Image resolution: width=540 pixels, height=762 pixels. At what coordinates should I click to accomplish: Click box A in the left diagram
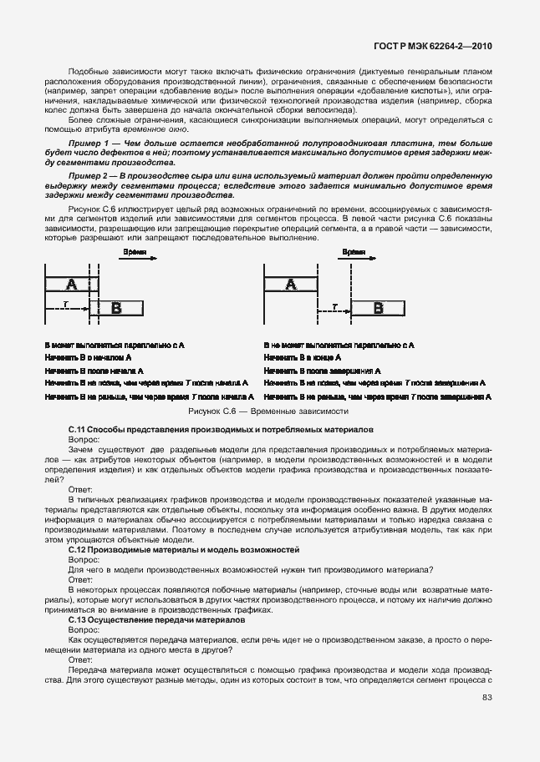71,285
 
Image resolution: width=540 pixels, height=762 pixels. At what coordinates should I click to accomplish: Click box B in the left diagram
116,308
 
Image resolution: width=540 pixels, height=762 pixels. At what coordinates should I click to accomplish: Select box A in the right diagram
291,285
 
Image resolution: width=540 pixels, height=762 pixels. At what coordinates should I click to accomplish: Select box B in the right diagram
378,308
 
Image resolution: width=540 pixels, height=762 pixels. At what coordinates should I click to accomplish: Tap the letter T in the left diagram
64,305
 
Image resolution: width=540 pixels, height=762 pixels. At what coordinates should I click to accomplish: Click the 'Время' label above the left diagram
133,250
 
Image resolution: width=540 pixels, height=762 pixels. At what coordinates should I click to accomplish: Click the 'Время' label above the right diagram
354,250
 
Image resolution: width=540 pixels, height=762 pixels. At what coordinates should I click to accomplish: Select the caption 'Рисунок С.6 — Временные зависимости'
269,411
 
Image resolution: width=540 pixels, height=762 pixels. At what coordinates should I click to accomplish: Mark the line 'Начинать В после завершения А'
322,370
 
